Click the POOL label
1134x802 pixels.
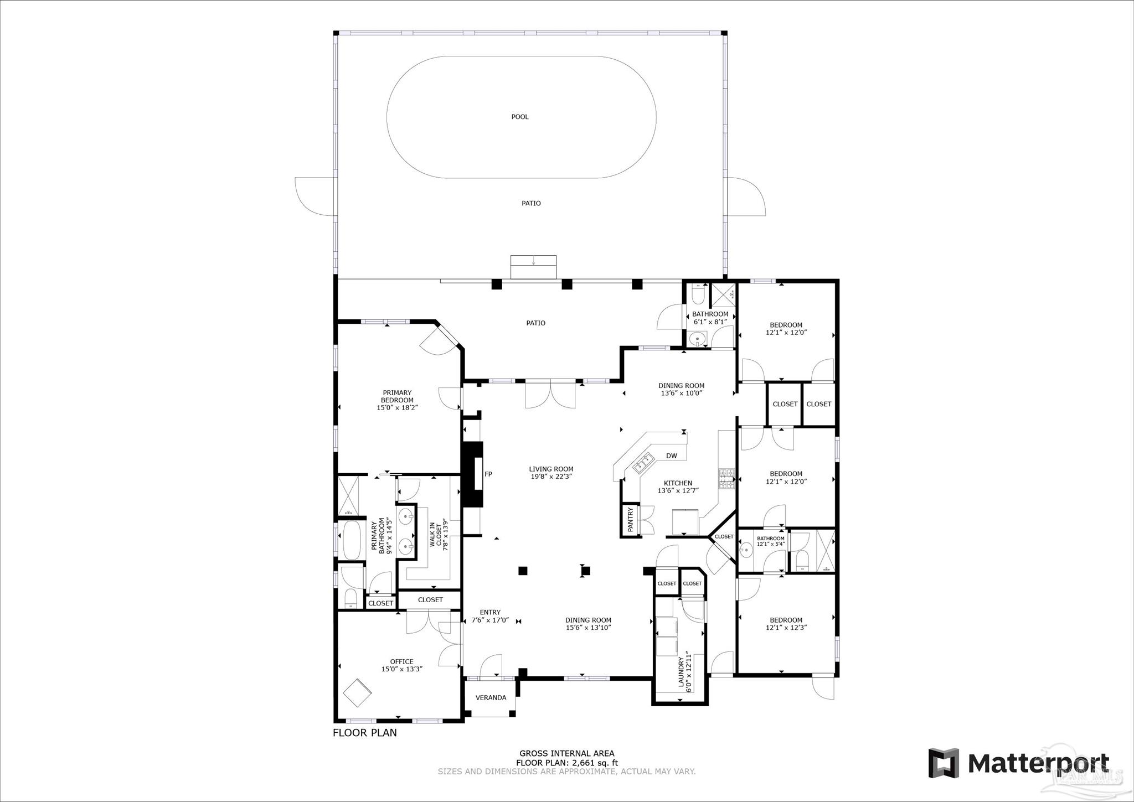click(519, 117)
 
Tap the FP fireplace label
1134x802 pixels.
click(488, 474)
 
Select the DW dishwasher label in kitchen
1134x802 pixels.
click(671, 456)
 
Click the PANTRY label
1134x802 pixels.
click(630, 521)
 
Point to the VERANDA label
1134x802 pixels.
click(491, 697)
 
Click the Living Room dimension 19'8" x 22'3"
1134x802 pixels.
click(551, 477)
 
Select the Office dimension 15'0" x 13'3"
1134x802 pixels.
click(401, 669)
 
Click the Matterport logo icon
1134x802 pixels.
click(943, 763)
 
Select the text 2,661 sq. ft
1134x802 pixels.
click(595, 763)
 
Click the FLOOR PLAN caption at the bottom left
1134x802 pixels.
click(364, 733)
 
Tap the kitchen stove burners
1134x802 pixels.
click(726, 479)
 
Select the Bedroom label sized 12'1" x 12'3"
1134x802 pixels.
click(786, 624)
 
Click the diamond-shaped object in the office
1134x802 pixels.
click(358, 692)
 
